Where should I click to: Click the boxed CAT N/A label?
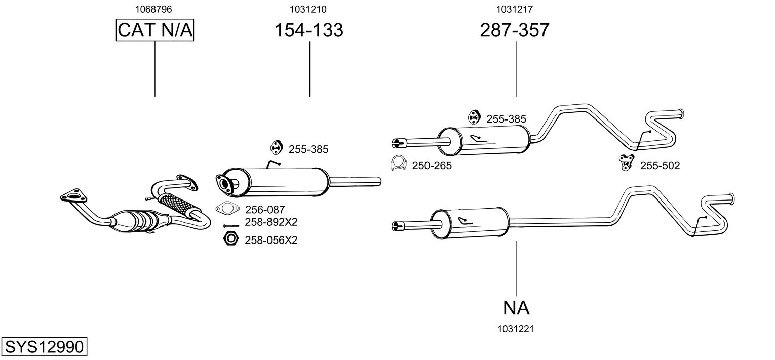155,30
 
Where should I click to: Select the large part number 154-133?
309,30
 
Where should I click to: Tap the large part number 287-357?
515,30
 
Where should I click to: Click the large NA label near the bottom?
516,308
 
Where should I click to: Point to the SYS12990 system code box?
44,347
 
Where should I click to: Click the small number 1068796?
154,9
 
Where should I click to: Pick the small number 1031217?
514,9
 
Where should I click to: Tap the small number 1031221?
516,329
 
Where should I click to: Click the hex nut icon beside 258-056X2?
230,238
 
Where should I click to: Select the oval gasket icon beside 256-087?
227,208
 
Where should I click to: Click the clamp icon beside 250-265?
399,163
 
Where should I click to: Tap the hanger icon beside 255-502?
627,162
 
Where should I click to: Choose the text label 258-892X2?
270,222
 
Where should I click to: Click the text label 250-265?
432,165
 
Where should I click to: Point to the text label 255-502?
660,165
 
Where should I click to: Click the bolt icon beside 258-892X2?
230,226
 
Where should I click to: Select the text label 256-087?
265,209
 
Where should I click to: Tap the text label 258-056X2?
270,241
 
